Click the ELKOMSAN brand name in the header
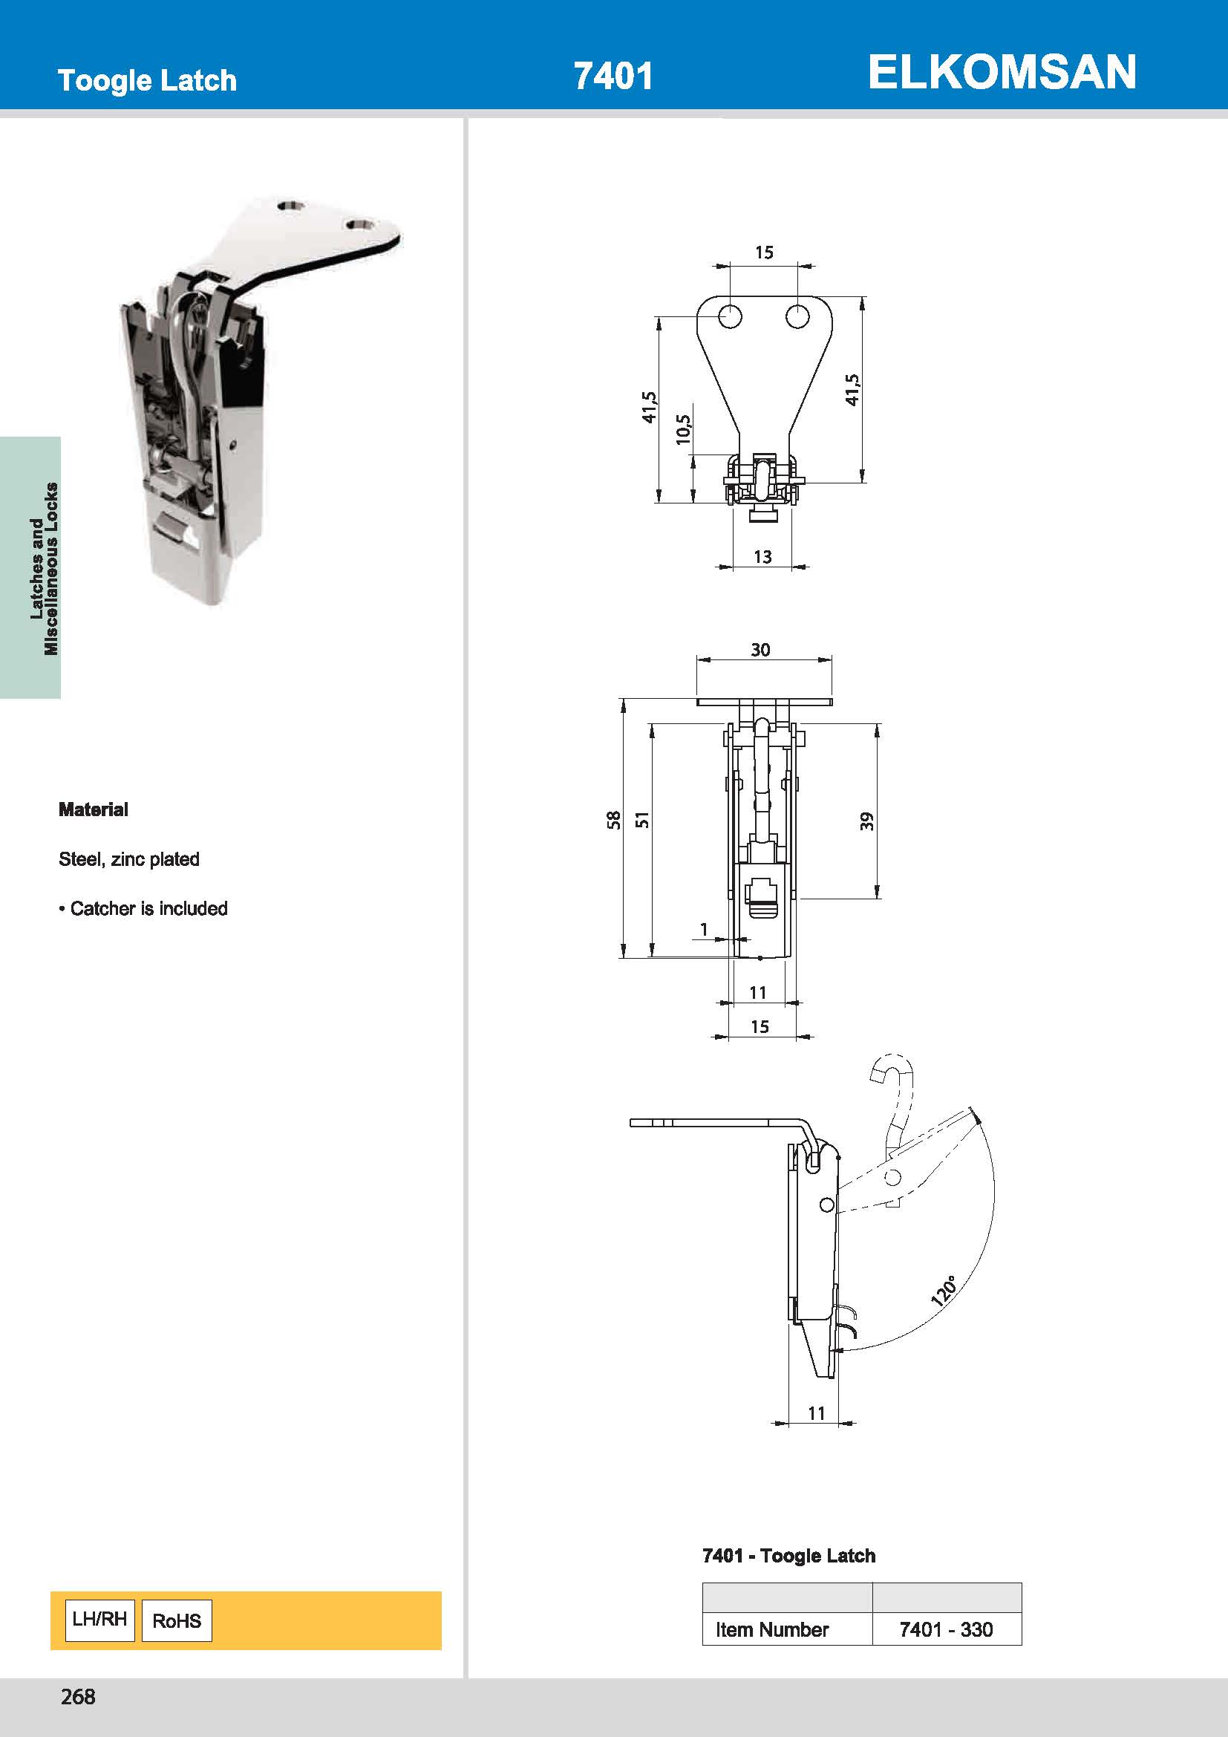point(1001,73)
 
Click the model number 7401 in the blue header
point(613,76)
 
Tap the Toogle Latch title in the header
point(147,80)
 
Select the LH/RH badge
point(99,1620)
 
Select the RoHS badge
point(177,1620)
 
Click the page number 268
point(78,1697)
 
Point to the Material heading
point(93,809)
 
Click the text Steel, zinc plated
point(128,858)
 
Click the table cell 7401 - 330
point(946,1629)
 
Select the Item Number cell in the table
point(772,1629)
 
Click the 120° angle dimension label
point(943,1291)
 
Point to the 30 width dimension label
point(760,649)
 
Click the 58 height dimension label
point(613,819)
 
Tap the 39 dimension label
point(866,821)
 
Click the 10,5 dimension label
point(683,429)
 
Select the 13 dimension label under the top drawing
point(762,557)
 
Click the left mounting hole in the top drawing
point(730,316)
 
